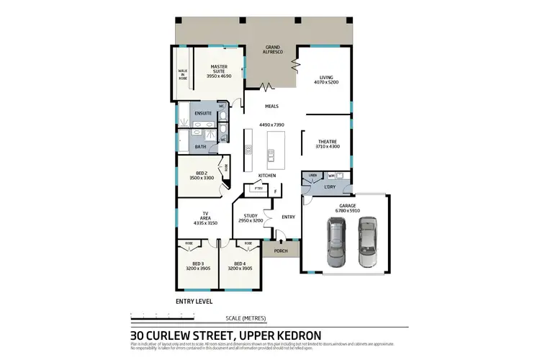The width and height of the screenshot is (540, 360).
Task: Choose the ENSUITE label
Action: pos(204,113)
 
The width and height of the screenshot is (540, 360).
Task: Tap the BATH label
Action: pos(200,147)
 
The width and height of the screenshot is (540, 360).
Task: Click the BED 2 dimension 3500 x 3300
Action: pos(202,178)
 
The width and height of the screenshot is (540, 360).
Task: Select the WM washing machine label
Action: pos(331,176)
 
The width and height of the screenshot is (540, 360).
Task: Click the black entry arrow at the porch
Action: pos(280,241)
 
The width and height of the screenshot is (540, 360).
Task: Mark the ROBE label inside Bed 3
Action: pos(189,243)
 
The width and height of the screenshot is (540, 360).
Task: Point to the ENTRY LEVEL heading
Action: pos(194,301)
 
